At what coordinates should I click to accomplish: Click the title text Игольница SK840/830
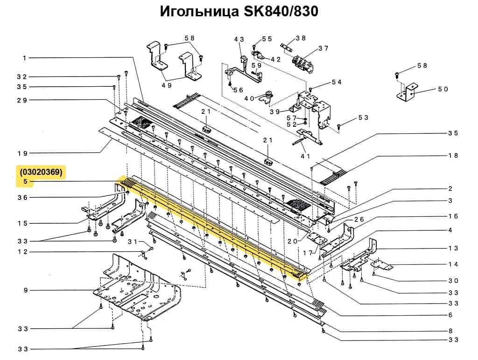tap(239, 11)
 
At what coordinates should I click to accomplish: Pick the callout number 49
tap(167, 85)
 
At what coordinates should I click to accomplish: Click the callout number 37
tap(323, 48)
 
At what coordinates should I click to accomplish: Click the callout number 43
tap(239, 40)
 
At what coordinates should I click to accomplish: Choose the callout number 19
tap(23, 153)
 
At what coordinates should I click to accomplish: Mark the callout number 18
tap(453, 156)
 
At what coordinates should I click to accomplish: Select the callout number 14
tap(453, 264)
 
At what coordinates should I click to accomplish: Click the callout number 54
tap(337, 82)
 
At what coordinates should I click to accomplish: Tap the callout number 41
tap(306, 156)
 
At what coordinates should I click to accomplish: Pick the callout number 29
tap(23, 100)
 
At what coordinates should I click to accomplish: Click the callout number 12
tap(23, 252)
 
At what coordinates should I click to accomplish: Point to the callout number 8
tap(450, 331)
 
